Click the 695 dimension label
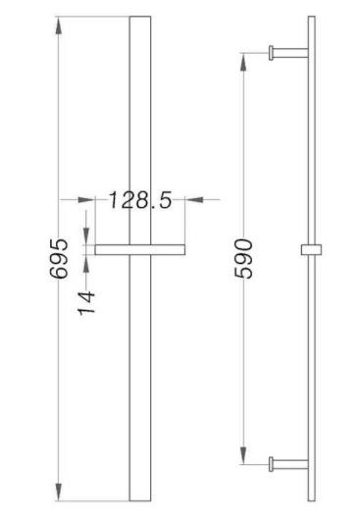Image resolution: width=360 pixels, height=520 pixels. pyautogui.click(x=59, y=258)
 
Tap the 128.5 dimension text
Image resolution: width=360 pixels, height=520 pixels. pyautogui.click(x=140, y=200)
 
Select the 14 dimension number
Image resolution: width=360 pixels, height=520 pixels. pyautogui.click(x=87, y=303)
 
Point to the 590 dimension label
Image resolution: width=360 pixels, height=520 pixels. pyautogui.click(x=243, y=258)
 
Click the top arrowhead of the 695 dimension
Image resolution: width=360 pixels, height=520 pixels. pyautogui.click(x=59, y=26)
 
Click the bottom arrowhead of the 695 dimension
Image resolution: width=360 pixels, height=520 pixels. pyautogui.click(x=59, y=492)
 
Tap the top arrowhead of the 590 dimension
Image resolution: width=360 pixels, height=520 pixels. pyautogui.click(x=243, y=62)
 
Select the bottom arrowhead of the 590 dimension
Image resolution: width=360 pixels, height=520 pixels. pyautogui.click(x=243, y=455)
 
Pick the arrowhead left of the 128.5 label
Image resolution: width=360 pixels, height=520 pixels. pyautogui.click(x=86, y=199)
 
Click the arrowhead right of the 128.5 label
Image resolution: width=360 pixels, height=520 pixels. pyautogui.click(x=193, y=199)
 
